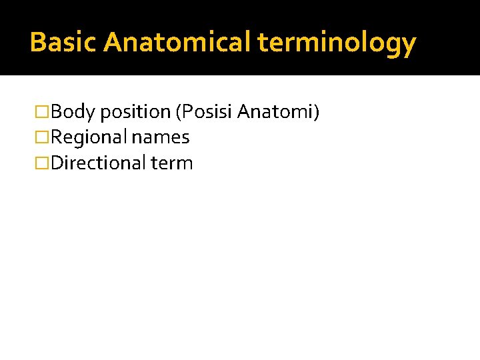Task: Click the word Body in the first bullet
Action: (73, 112)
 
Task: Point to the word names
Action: (161, 138)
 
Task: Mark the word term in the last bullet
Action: (172, 163)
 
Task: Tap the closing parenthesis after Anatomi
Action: (317, 112)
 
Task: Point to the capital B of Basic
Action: (37, 43)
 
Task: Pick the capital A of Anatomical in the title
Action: (113, 43)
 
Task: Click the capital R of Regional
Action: (57, 138)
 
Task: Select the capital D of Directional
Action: (57, 163)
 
